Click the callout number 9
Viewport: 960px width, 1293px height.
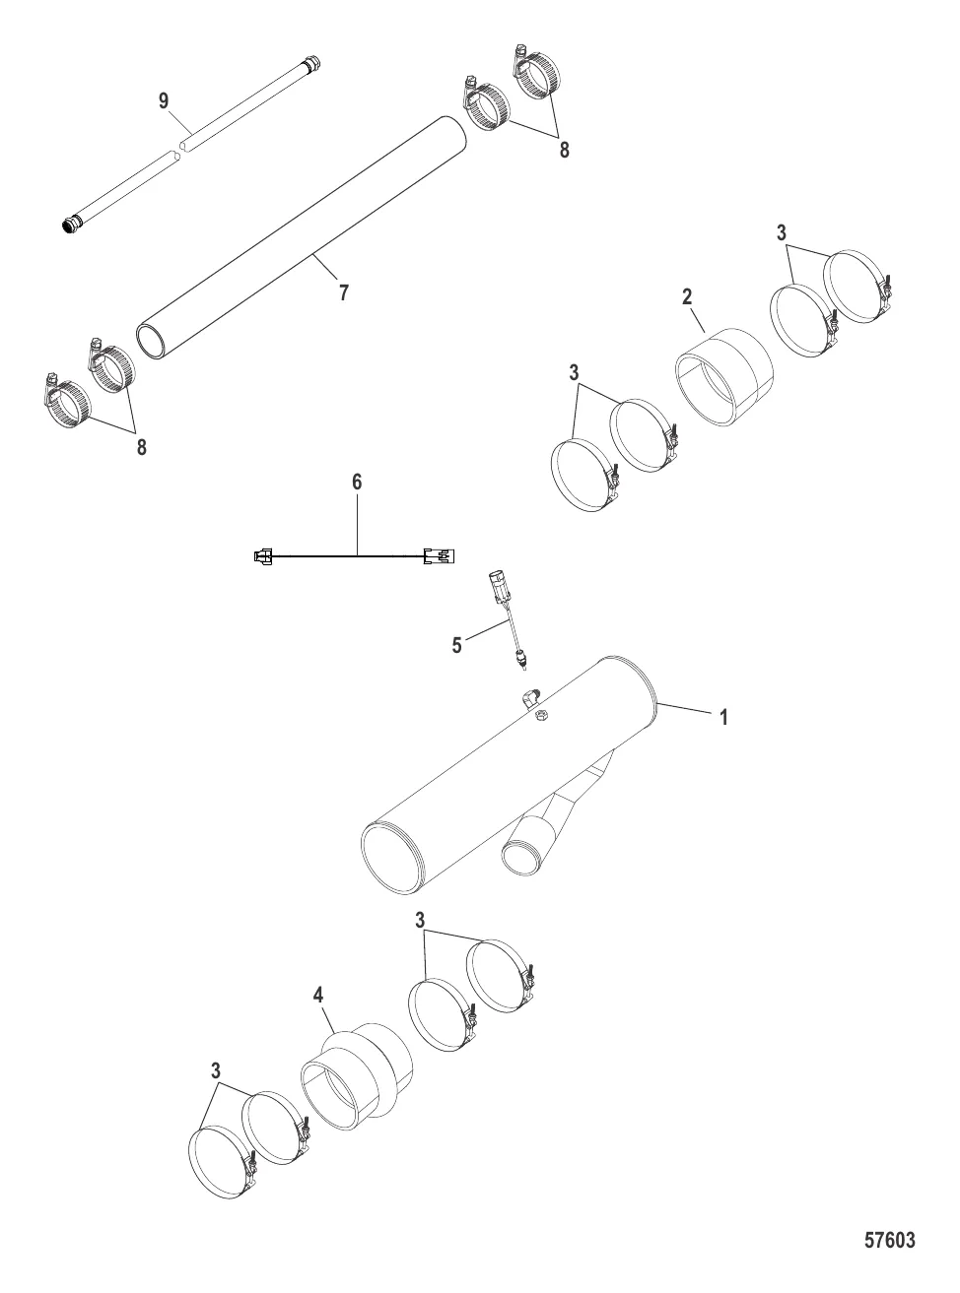tap(164, 100)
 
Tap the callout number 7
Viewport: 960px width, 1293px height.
tap(344, 292)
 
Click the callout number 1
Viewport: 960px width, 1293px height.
tap(723, 717)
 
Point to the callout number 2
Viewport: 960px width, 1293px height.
tap(687, 296)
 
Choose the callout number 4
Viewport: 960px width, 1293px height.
tap(318, 996)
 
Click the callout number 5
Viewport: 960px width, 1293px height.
tap(457, 645)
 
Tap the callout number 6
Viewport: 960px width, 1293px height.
tap(357, 482)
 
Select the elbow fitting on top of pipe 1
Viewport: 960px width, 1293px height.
tap(530, 698)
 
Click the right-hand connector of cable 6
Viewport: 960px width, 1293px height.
tap(439, 555)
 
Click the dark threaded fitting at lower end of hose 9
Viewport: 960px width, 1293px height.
tap(72, 226)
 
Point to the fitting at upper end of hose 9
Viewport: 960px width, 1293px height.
tap(311, 62)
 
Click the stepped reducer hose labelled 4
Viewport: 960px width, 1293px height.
tap(356, 1071)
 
